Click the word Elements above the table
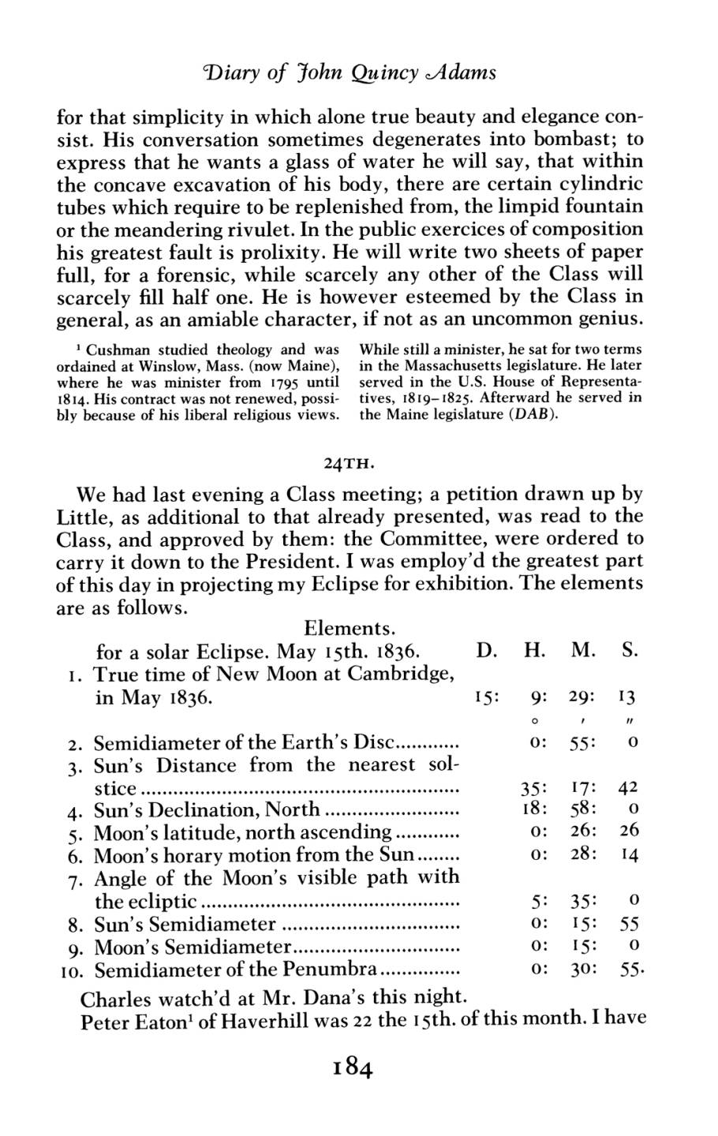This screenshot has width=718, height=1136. coord(348,629)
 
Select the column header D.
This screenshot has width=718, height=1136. coord(485,652)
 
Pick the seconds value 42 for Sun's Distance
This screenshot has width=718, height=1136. coord(629,787)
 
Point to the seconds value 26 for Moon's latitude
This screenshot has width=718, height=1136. coord(629,831)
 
